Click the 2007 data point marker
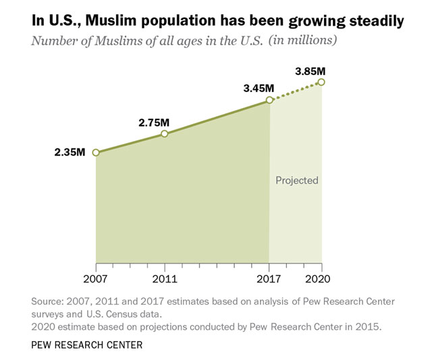point(96,153)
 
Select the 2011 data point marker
point(164,134)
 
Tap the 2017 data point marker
point(269,100)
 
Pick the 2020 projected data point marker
point(321,82)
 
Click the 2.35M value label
point(70,152)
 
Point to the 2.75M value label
point(154,122)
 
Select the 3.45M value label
point(259,88)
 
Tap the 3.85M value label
point(311,70)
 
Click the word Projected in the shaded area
point(297,180)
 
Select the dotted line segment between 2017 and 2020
point(296,91)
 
